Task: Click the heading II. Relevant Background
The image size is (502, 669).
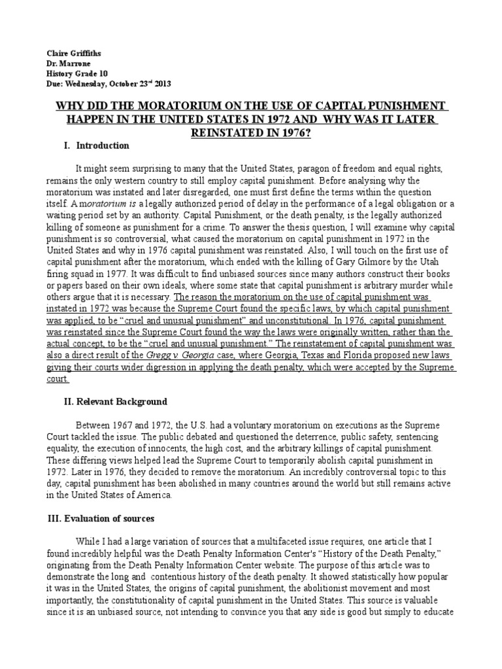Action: point(115,402)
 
